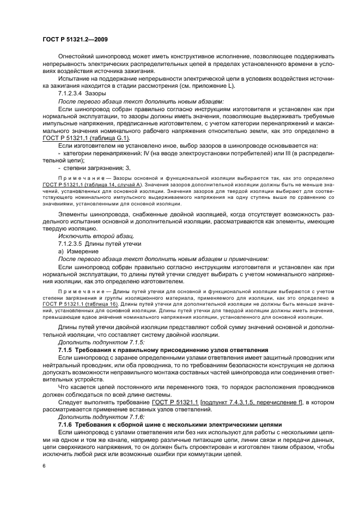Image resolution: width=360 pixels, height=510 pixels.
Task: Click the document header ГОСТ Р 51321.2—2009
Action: [x=76, y=39]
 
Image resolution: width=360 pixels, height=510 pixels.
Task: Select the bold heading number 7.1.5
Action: [x=65, y=349]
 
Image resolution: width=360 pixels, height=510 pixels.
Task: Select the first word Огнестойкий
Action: [x=76, y=56]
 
